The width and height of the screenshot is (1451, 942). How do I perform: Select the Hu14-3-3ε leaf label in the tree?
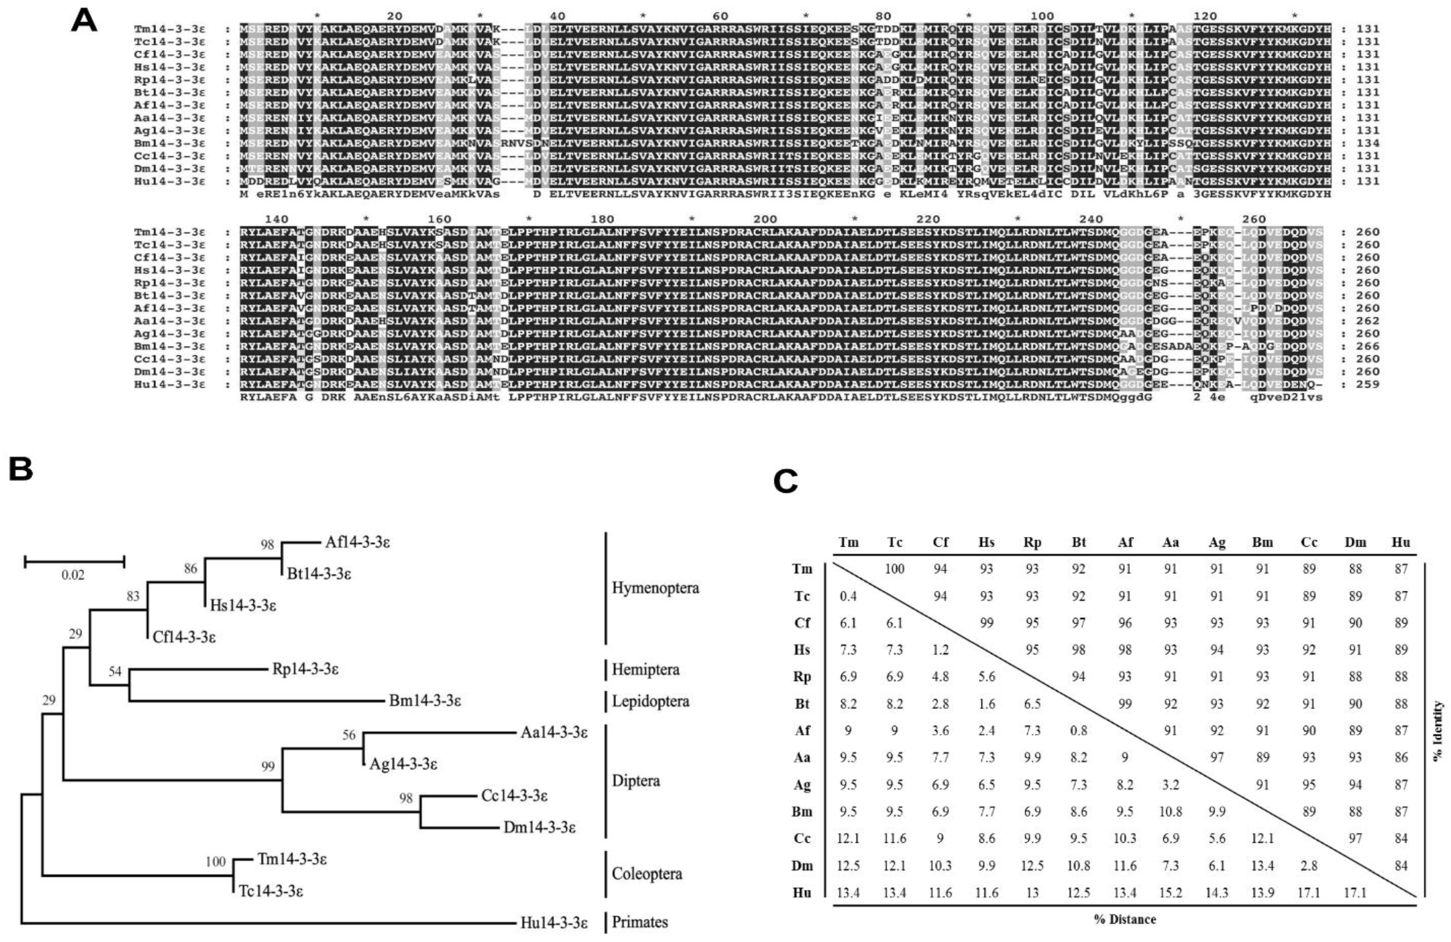(554, 923)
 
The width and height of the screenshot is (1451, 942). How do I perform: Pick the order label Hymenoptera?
(655, 588)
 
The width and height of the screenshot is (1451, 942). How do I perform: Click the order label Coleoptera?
(647, 874)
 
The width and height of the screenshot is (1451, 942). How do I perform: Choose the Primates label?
(640, 922)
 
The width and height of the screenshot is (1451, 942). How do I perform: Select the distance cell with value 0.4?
(848, 596)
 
